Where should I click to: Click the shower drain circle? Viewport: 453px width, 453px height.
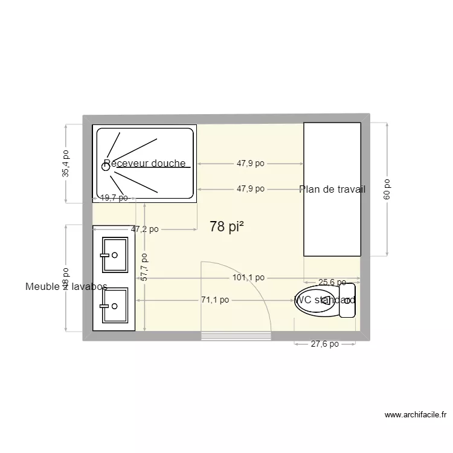tap(106, 167)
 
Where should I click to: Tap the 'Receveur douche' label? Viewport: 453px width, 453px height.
tap(144, 164)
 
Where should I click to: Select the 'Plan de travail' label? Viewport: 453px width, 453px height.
tap(332, 189)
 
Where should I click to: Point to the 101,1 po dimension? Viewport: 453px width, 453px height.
tap(248, 278)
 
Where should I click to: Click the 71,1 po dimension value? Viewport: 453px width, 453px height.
tap(215, 300)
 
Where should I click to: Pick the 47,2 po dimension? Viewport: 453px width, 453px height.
tap(145, 229)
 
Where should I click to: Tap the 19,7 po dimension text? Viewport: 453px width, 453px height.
tap(114, 198)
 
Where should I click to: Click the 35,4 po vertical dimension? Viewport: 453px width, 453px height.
tap(66, 163)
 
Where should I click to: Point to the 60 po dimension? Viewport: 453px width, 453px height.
tap(387, 188)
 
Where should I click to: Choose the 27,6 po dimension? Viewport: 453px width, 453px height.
tap(325, 344)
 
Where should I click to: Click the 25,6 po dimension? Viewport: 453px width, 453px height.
tap(332, 282)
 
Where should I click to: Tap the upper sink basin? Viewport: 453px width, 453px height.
tap(115, 255)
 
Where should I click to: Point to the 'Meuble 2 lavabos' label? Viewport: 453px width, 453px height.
tap(66, 287)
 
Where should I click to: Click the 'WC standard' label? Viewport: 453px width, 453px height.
tap(325, 300)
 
